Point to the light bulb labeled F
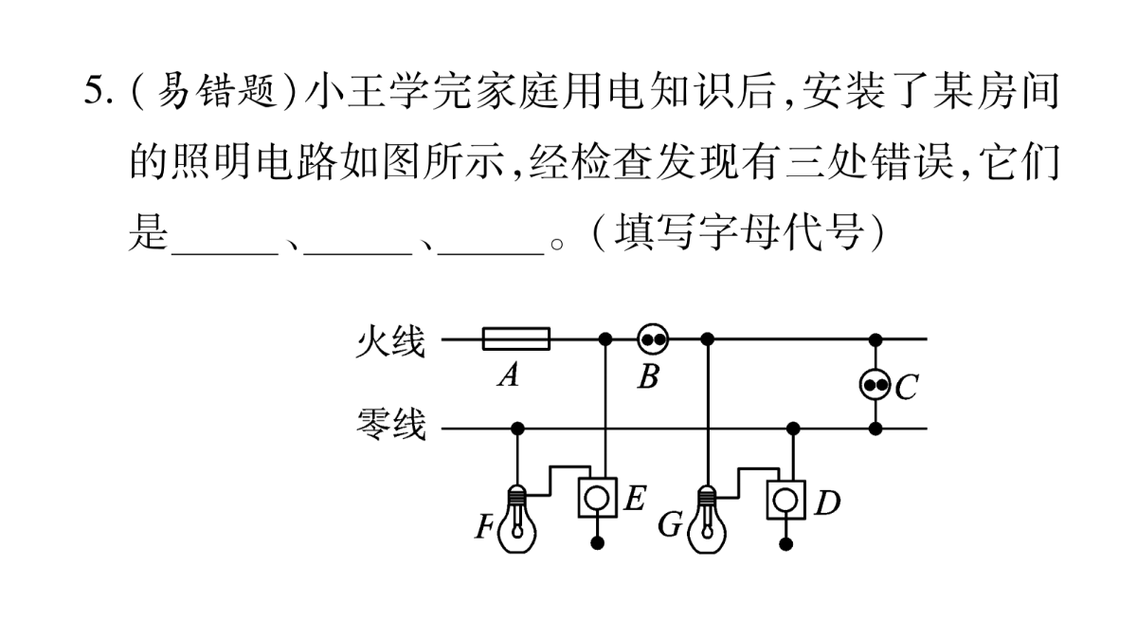517,519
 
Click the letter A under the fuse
509,376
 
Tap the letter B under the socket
649,377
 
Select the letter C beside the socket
907,388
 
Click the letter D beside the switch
828,503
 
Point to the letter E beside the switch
635,499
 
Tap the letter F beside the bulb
484,527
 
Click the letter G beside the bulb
670,524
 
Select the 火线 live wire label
390,340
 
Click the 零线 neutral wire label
390,424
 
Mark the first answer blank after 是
226,252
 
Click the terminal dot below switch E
598,543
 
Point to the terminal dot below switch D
786,544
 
